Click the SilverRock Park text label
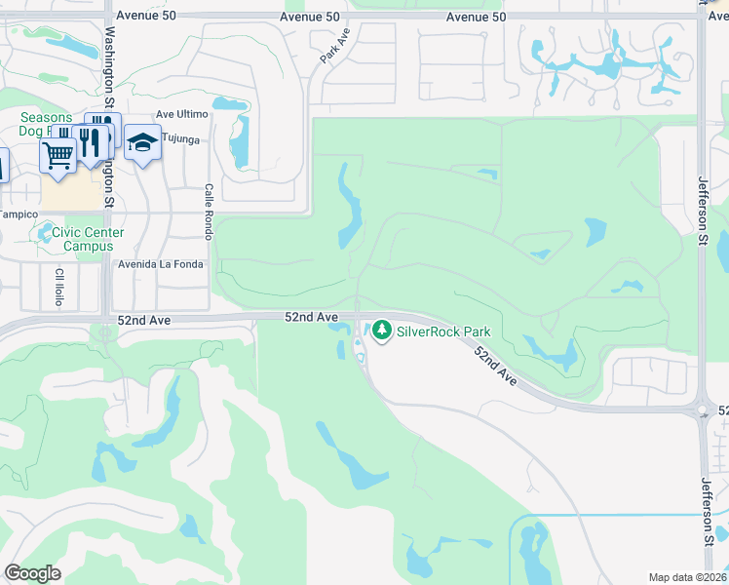tap(443, 331)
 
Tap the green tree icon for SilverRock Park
tap(381, 331)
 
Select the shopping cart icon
tap(58, 154)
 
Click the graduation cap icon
tap(142, 143)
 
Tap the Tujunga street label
tap(179, 139)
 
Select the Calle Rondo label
tap(208, 212)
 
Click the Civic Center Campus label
tap(88, 239)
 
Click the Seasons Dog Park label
tap(45, 124)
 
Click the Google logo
tap(33, 573)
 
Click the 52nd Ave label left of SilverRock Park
tap(311, 317)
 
